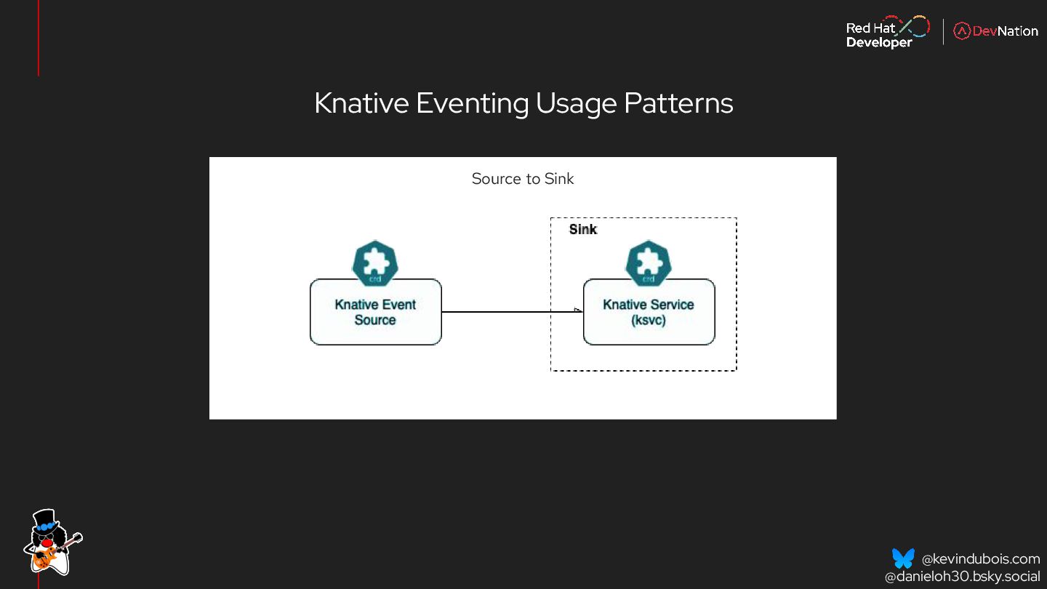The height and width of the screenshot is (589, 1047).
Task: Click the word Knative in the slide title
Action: [x=361, y=103]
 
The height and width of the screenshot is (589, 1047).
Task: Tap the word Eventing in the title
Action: [x=472, y=103]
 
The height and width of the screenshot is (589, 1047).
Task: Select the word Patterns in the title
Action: [x=678, y=103]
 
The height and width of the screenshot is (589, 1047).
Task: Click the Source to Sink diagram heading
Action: [x=522, y=179]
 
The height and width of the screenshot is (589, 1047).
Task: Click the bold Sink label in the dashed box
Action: [x=582, y=230]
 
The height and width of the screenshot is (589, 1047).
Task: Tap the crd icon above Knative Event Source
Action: [x=375, y=263]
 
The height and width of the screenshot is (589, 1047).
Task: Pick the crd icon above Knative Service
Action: [x=649, y=263]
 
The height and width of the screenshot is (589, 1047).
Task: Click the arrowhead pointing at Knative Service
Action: [x=578, y=311]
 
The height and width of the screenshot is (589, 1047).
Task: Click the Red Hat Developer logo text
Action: [x=878, y=35]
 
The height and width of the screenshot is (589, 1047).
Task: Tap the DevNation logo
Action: [x=995, y=31]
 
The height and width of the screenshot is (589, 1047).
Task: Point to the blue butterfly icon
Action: [x=903, y=558]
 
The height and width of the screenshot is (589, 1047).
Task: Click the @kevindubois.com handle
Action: [x=980, y=559]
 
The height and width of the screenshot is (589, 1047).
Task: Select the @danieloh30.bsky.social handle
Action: [x=962, y=577]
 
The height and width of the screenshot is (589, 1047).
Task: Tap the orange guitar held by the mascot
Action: [x=45, y=558]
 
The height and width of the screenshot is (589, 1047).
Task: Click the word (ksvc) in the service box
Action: [x=649, y=320]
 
